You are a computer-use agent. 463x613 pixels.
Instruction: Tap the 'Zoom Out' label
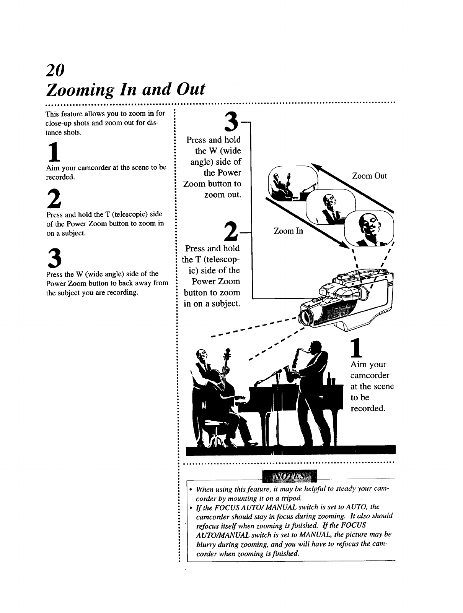pos(369,176)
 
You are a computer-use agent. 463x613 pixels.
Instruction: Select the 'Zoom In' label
pos(288,231)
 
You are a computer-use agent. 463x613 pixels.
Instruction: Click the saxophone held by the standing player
pos(295,363)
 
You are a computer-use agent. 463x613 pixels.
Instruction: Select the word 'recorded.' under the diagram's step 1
pos(368,409)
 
